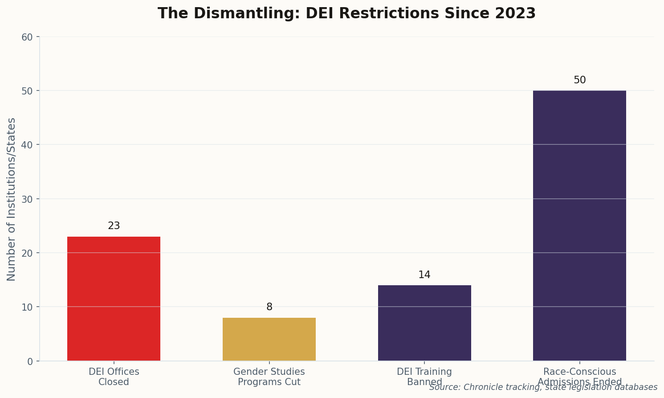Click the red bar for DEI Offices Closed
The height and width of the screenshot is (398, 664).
pos(114,299)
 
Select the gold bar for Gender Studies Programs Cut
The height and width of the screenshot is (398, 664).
pos(269,339)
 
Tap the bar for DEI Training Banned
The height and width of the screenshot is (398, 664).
pos(424,323)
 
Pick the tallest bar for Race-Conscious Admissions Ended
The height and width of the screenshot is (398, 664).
pos(579,226)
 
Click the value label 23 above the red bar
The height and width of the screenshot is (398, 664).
pos(114,226)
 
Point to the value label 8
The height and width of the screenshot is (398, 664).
pos(269,307)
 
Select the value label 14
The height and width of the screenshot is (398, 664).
pos(424,275)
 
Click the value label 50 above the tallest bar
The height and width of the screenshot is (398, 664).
pos(579,80)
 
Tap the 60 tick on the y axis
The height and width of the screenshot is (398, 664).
pos(27,37)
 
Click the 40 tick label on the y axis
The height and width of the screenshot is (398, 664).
pos(27,145)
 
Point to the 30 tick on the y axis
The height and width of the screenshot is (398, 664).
pos(27,199)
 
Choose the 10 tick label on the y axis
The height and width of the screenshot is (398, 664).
pos(27,307)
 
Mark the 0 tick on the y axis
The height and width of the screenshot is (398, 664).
pos(30,361)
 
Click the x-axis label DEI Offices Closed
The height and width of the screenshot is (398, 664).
pos(114,377)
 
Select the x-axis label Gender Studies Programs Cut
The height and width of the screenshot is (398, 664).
pos(269,377)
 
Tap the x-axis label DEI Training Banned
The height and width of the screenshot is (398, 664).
pos(424,377)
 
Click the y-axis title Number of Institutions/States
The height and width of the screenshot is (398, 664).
pos(12,199)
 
